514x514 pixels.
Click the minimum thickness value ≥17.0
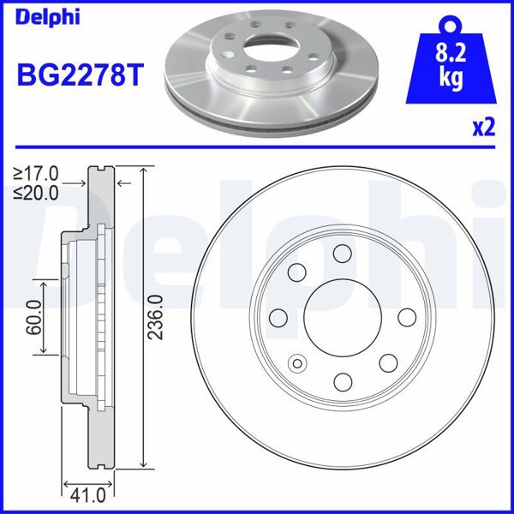click(x=35, y=176)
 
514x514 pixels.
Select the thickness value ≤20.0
click(x=35, y=193)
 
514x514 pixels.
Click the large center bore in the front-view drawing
click(x=340, y=317)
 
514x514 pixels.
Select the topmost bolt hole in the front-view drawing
click(x=343, y=254)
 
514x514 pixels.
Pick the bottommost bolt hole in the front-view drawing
click(x=343, y=381)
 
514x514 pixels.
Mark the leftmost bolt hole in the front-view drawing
click(x=278, y=318)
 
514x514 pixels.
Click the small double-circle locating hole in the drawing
click(x=297, y=362)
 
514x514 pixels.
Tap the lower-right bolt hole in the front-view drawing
click(x=387, y=362)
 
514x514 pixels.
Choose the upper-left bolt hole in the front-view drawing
click(x=297, y=273)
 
